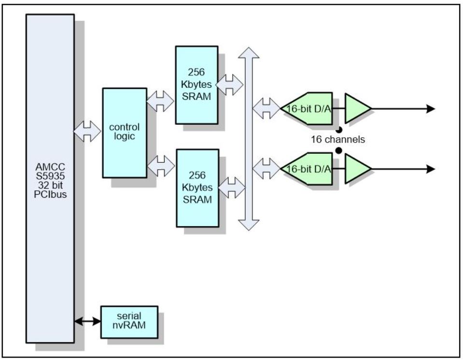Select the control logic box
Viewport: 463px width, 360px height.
(x=124, y=132)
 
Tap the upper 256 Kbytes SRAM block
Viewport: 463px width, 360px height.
(x=196, y=85)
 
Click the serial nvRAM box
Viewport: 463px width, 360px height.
(x=129, y=322)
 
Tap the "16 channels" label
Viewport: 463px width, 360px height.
(x=338, y=140)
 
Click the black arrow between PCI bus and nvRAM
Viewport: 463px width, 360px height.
(x=87, y=321)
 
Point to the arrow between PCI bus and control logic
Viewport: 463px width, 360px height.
(x=87, y=131)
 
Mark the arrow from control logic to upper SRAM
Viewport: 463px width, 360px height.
(x=160, y=101)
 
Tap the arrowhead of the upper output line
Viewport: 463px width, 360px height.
(x=430, y=109)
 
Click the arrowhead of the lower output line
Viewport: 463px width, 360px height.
(x=430, y=169)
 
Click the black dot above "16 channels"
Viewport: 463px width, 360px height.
(x=339, y=129)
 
